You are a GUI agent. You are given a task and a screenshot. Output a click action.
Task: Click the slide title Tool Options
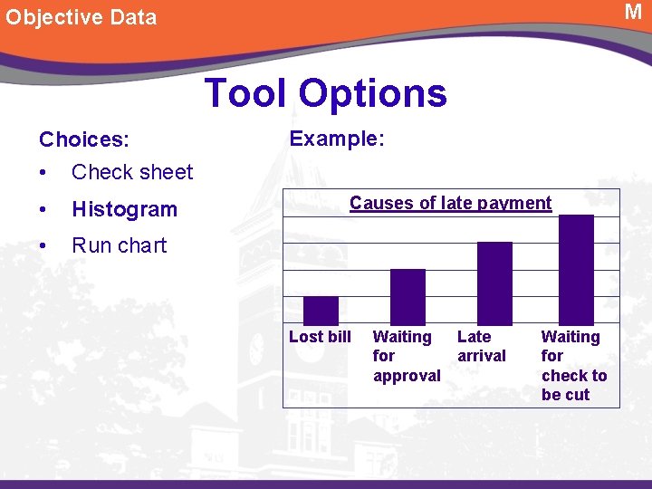(x=326, y=93)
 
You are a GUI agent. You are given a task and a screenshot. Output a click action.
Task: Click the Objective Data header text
(x=81, y=17)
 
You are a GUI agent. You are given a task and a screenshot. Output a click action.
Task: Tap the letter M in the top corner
(x=633, y=12)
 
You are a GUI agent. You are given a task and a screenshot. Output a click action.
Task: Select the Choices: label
(x=84, y=139)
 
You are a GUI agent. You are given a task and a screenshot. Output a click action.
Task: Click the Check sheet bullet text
(x=132, y=172)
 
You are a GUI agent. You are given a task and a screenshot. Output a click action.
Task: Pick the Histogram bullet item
(x=124, y=209)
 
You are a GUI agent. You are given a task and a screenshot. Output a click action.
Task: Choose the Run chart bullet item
(x=119, y=245)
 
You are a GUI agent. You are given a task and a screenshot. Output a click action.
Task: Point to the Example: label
(x=337, y=139)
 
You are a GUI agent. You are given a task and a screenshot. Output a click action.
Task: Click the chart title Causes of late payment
(x=450, y=203)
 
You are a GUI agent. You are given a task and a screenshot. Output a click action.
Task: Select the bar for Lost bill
(x=321, y=311)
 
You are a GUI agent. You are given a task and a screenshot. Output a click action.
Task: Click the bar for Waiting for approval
(x=407, y=297)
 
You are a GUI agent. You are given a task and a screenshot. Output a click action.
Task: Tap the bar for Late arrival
(x=494, y=283)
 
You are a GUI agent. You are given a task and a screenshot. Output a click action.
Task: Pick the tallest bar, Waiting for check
(x=577, y=270)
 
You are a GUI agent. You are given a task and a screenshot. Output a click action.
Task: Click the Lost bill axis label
(x=320, y=337)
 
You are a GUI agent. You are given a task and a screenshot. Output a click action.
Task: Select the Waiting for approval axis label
(x=407, y=356)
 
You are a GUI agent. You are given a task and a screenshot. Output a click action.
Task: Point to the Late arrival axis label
(x=481, y=346)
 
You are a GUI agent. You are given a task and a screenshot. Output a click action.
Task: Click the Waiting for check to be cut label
(x=573, y=365)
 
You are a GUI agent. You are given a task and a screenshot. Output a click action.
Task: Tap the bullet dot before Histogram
(x=43, y=209)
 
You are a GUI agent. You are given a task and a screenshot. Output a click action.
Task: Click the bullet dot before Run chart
(x=43, y=245)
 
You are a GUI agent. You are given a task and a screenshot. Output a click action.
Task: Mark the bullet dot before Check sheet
(x=43, y=172)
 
